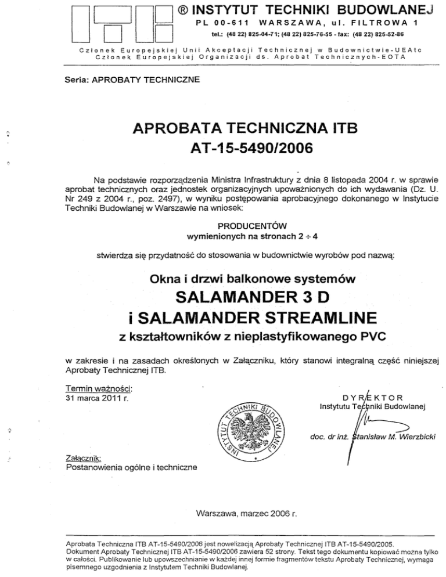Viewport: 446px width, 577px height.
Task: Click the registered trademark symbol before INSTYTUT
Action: [x=182, y=10]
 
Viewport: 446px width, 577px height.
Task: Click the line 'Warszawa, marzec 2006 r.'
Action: [x=247, y=513]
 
